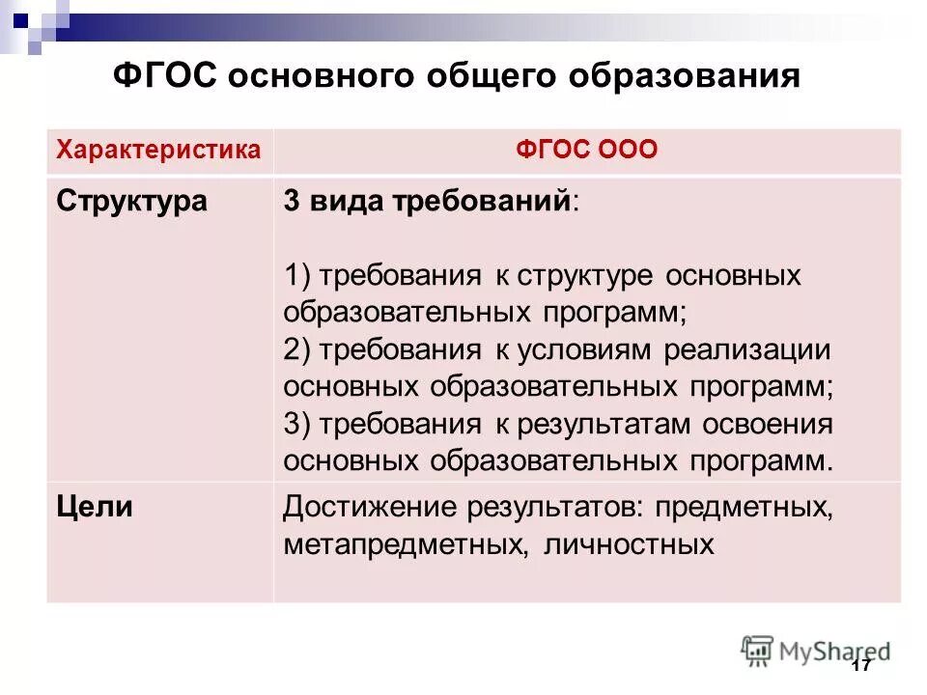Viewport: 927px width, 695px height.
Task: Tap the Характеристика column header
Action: (158, 150)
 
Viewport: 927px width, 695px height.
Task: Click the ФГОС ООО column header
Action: (587, 150)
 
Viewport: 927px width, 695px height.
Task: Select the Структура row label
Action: (131, 201)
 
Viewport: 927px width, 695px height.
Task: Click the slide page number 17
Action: (862, 666)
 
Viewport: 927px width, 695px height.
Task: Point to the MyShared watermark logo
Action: (815, 650)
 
